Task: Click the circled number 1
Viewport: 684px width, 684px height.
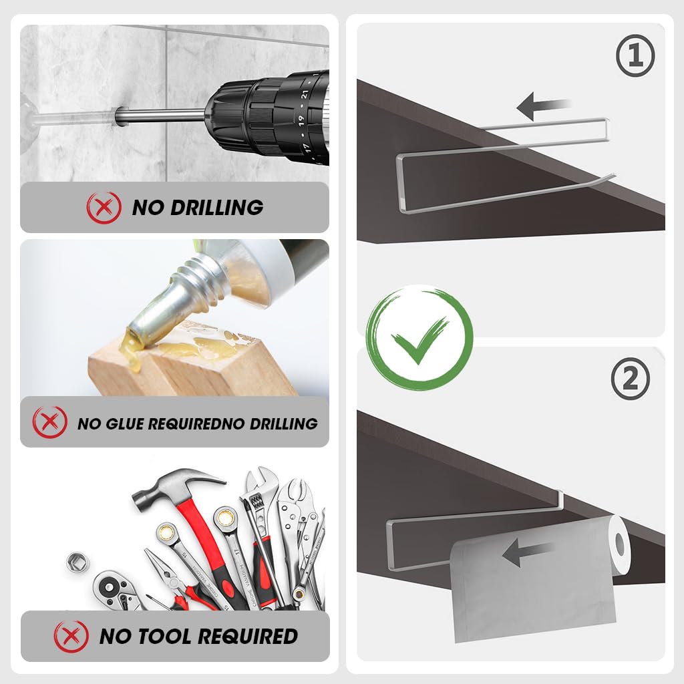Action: click(x=635, y=56)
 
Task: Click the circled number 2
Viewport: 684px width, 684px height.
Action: click(x=631, y=379)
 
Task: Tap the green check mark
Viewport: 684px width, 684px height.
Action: click(x=419, y=338)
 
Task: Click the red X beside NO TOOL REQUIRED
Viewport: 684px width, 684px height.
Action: click(x=71, y=636)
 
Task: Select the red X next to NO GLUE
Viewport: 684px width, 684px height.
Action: click(x=50, y=422)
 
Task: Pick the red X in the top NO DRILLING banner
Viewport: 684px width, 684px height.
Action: click(x=104, y=208)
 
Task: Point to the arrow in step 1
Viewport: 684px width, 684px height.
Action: click(x=543, y=106)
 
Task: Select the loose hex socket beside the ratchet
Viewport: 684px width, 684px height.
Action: click(x=77, y=562)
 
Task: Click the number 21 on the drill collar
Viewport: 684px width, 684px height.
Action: click(x=305, y=95)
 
